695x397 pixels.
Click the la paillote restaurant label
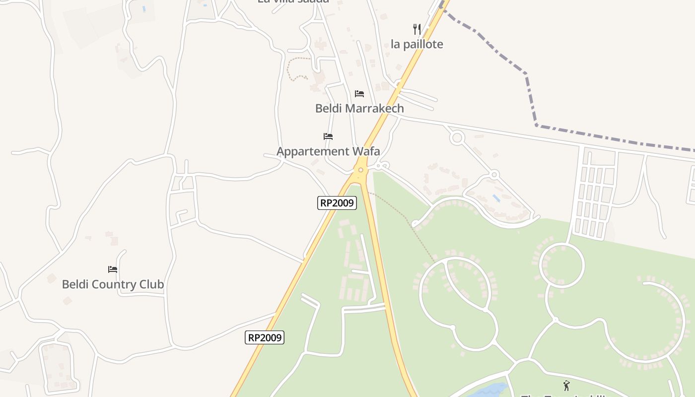click(417, 44)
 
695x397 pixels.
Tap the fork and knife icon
click(417, 29)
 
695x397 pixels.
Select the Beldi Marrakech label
click(359, 108)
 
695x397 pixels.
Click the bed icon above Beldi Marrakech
click(359, 94)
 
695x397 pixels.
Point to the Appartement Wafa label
click(328, 151)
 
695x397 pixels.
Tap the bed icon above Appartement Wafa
click(328, 136)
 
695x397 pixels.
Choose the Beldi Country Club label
click(113, 284)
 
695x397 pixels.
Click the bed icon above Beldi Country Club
click(113, 269)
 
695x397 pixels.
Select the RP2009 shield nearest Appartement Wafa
click(337, 202)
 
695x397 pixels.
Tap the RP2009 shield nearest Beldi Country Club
click(265, 338)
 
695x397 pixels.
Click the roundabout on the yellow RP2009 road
click(361, 170)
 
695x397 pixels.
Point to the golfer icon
click(566, 385)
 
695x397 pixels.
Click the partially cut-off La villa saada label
click(293, 1)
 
